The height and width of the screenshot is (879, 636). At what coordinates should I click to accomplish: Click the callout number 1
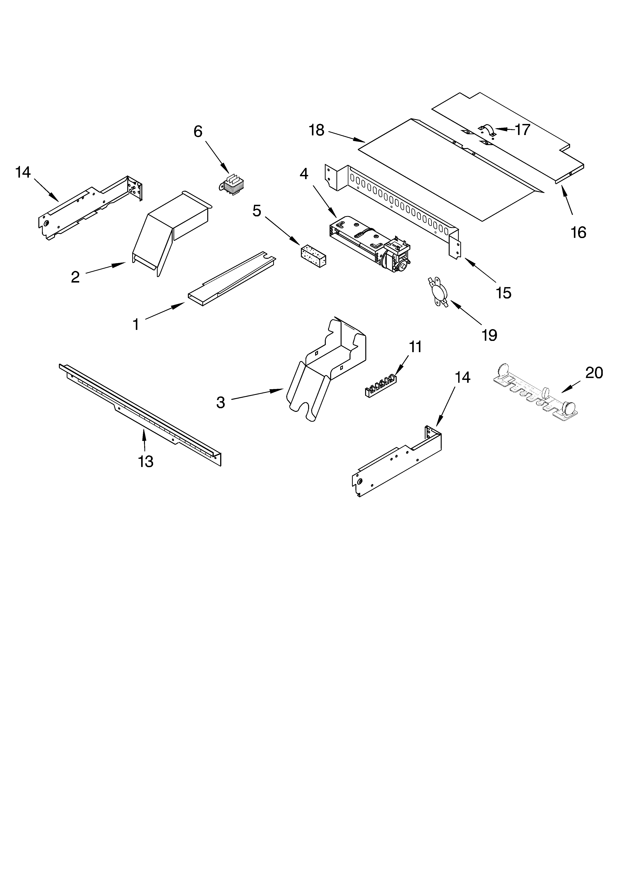tap(136, 324)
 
